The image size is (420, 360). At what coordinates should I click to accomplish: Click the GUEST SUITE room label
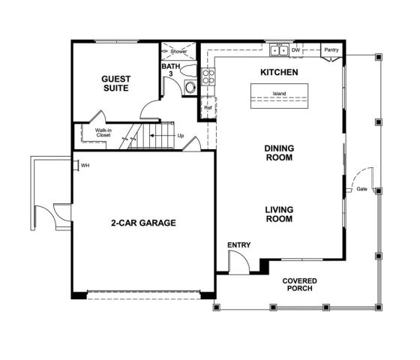pyautogui.click(x=115, y=82)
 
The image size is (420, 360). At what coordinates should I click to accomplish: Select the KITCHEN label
pyautogui.click(x=279, y=72)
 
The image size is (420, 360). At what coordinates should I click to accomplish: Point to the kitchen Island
pyautogui.click(x=279, y=95)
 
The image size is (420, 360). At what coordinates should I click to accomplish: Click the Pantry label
pyautogui.click(x=331, y=50)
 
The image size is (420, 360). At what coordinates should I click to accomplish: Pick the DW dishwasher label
pyautogui.click(x=295, y=50)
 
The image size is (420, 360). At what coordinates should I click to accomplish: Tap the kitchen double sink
pyautogui.click(x=279, y=50)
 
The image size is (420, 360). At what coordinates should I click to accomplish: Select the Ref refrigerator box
pyautogui.click(x=208, y=108)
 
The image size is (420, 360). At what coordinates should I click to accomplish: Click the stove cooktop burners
pyautogui.click(x=208, y=78)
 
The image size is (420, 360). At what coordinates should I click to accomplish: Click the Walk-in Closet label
pyautogui.click(x=103, y=133)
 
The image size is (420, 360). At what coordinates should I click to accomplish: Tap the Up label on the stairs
pyautogui.click(x=181, y=136)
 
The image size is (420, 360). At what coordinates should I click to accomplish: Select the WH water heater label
pyautogui.click(x=85, y=165)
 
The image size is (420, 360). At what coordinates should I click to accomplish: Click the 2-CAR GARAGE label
pyautogui.click(x=143, y=223)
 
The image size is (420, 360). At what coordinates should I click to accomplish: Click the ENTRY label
pyautogui.click(x=238, y=245)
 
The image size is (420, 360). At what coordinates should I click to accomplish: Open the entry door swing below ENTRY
pyautogui.click(x=238, y=262)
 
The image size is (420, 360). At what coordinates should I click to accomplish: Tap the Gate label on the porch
pyautogui.click(x=361, y=189)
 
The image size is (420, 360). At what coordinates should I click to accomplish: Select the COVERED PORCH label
pyautogui.click(x=299, y=285)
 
